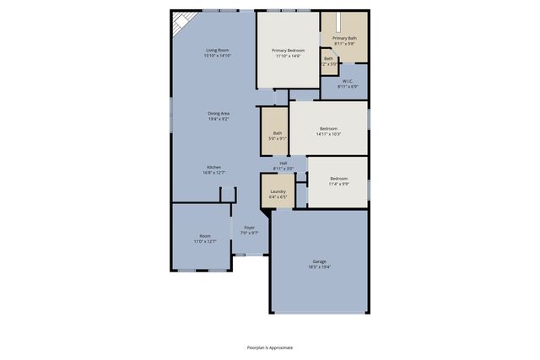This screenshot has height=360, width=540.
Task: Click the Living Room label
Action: [x=218, y=51]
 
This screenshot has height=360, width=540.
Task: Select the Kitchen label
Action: [x=214, y=168]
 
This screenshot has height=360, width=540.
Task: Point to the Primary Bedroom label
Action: [x=288, y=51]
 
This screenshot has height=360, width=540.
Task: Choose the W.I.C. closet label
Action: [x=348, y=82]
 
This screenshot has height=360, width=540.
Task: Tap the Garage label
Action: [x=320, y=261]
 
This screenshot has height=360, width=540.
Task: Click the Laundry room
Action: [x=278, y=191]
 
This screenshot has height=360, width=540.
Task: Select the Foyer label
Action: [x=250, y=228]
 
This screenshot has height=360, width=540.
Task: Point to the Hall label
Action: [x=283, y=163]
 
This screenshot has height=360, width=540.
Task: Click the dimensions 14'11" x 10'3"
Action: [x=328, y=134]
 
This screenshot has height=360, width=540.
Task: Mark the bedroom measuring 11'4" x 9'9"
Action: [x=338, y=180]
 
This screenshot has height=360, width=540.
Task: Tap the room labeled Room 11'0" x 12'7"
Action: [x=205, y=238]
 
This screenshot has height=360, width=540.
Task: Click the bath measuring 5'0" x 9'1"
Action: [x=277, y=135]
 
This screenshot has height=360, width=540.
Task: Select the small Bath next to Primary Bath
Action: [x=329, y=60]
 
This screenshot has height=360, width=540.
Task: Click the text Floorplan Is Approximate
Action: [x=270, y=347]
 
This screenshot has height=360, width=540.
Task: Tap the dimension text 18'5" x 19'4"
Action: [x=320, y=266]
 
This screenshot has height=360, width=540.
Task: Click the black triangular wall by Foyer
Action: [x=265, y=214]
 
